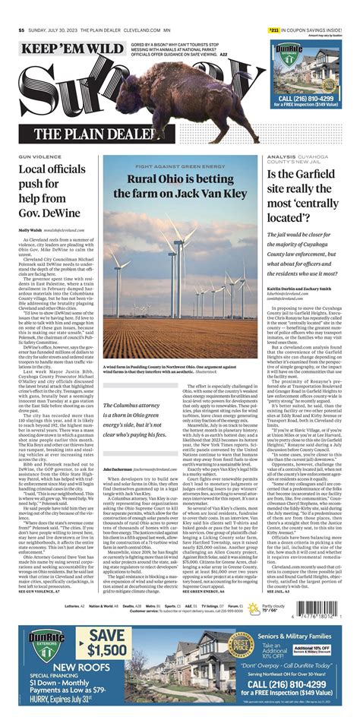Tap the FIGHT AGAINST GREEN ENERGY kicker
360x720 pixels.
coord(180,166)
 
